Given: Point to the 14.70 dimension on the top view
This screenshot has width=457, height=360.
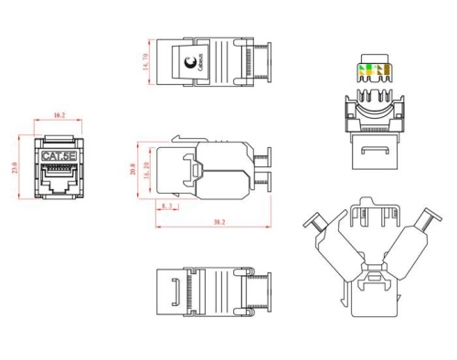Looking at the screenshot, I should tap(144, 62).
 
